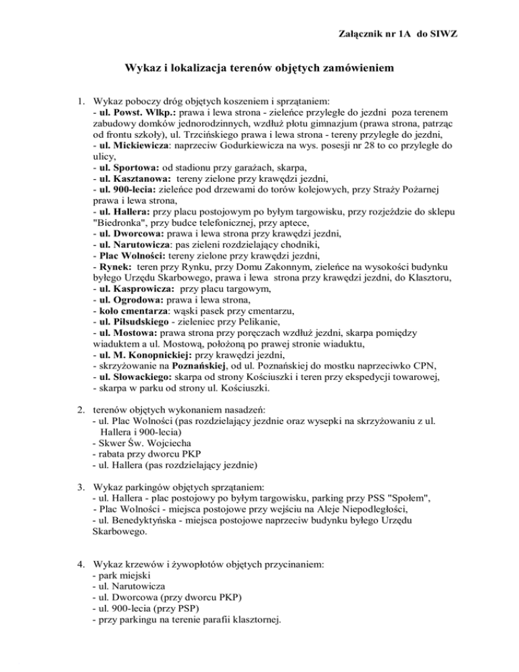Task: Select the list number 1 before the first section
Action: pyautogui.click(x=79, y=99)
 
